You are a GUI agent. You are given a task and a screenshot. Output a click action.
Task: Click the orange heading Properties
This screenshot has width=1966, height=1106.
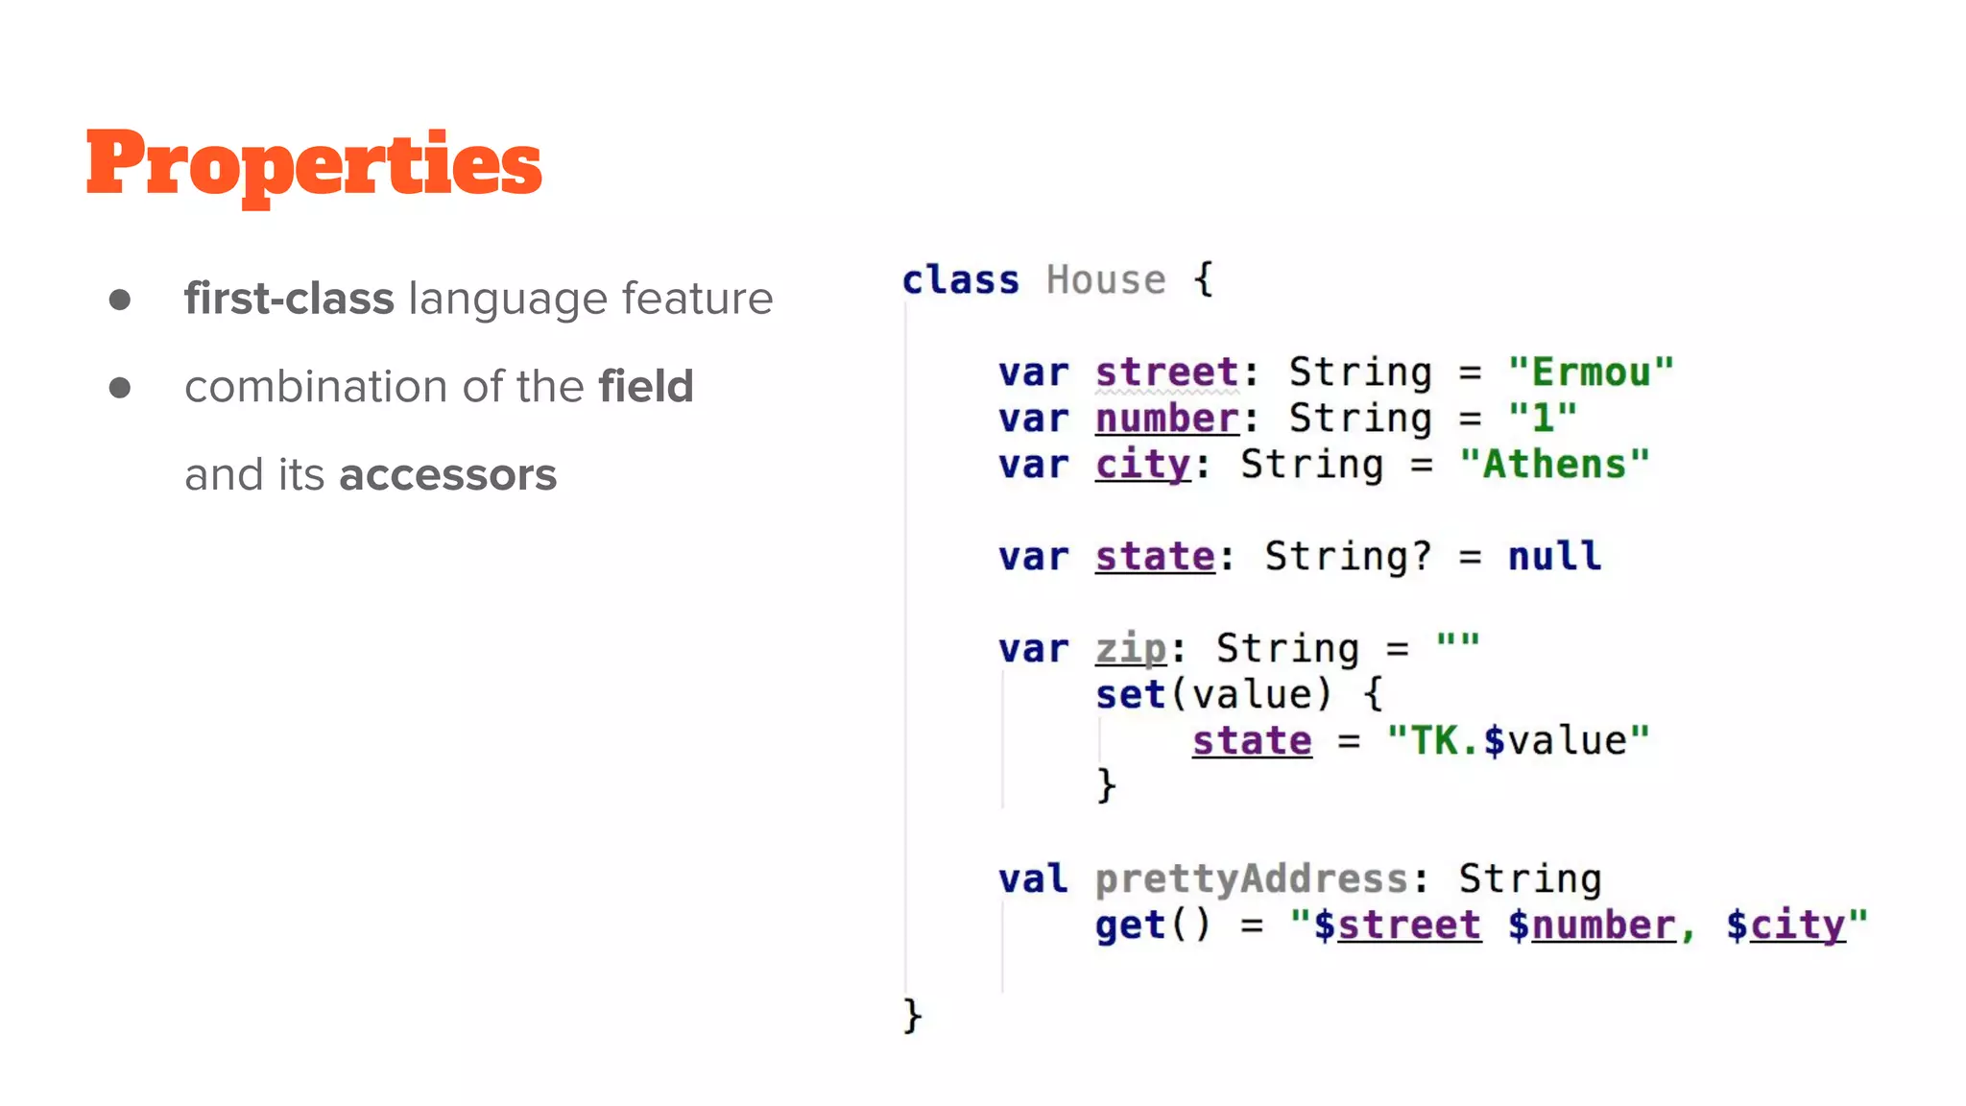[314, 164]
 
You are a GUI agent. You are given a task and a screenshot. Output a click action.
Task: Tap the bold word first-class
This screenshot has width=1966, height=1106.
[289, 299]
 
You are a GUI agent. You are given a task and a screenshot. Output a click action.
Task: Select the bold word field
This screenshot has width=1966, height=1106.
[645, 387]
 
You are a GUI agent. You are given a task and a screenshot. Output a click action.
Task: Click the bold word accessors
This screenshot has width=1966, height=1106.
[447, 475]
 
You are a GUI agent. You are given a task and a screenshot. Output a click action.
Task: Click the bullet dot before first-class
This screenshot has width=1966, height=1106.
[120, 301]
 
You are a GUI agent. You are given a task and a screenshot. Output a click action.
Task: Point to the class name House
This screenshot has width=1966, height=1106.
[1105, 280]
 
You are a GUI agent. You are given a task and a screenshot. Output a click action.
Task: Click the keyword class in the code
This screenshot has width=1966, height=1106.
[960, 280]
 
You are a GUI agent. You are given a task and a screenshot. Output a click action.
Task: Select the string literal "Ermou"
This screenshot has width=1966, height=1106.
[1591, 373]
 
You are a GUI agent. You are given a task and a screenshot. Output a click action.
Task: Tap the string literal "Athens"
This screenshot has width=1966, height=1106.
[1554, 465]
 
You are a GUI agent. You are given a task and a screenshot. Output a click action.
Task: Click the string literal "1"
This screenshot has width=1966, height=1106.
[1543, 419]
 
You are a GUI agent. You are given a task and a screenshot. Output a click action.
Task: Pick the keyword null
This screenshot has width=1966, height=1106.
[1554, 557]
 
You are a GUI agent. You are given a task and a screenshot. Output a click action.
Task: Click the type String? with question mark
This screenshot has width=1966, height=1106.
[1348, 557]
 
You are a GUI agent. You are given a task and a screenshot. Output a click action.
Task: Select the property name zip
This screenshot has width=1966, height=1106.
[1131, 649]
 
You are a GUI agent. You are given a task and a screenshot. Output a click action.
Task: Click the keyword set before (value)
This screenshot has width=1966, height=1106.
[1131, 695]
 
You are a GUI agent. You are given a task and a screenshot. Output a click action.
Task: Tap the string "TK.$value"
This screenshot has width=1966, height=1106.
[1518, 741]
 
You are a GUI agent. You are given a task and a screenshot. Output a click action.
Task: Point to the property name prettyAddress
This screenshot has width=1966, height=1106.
[1252, 879]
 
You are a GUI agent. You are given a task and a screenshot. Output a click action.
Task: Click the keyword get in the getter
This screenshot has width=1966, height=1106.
[1131, 926]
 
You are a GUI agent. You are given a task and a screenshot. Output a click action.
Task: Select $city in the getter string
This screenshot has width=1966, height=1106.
[1786, 926]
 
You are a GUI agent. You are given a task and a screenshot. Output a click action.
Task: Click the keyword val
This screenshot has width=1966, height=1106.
[1033, 879]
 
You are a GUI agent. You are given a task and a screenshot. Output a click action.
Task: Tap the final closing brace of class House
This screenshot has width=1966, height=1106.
[912, 1016]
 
